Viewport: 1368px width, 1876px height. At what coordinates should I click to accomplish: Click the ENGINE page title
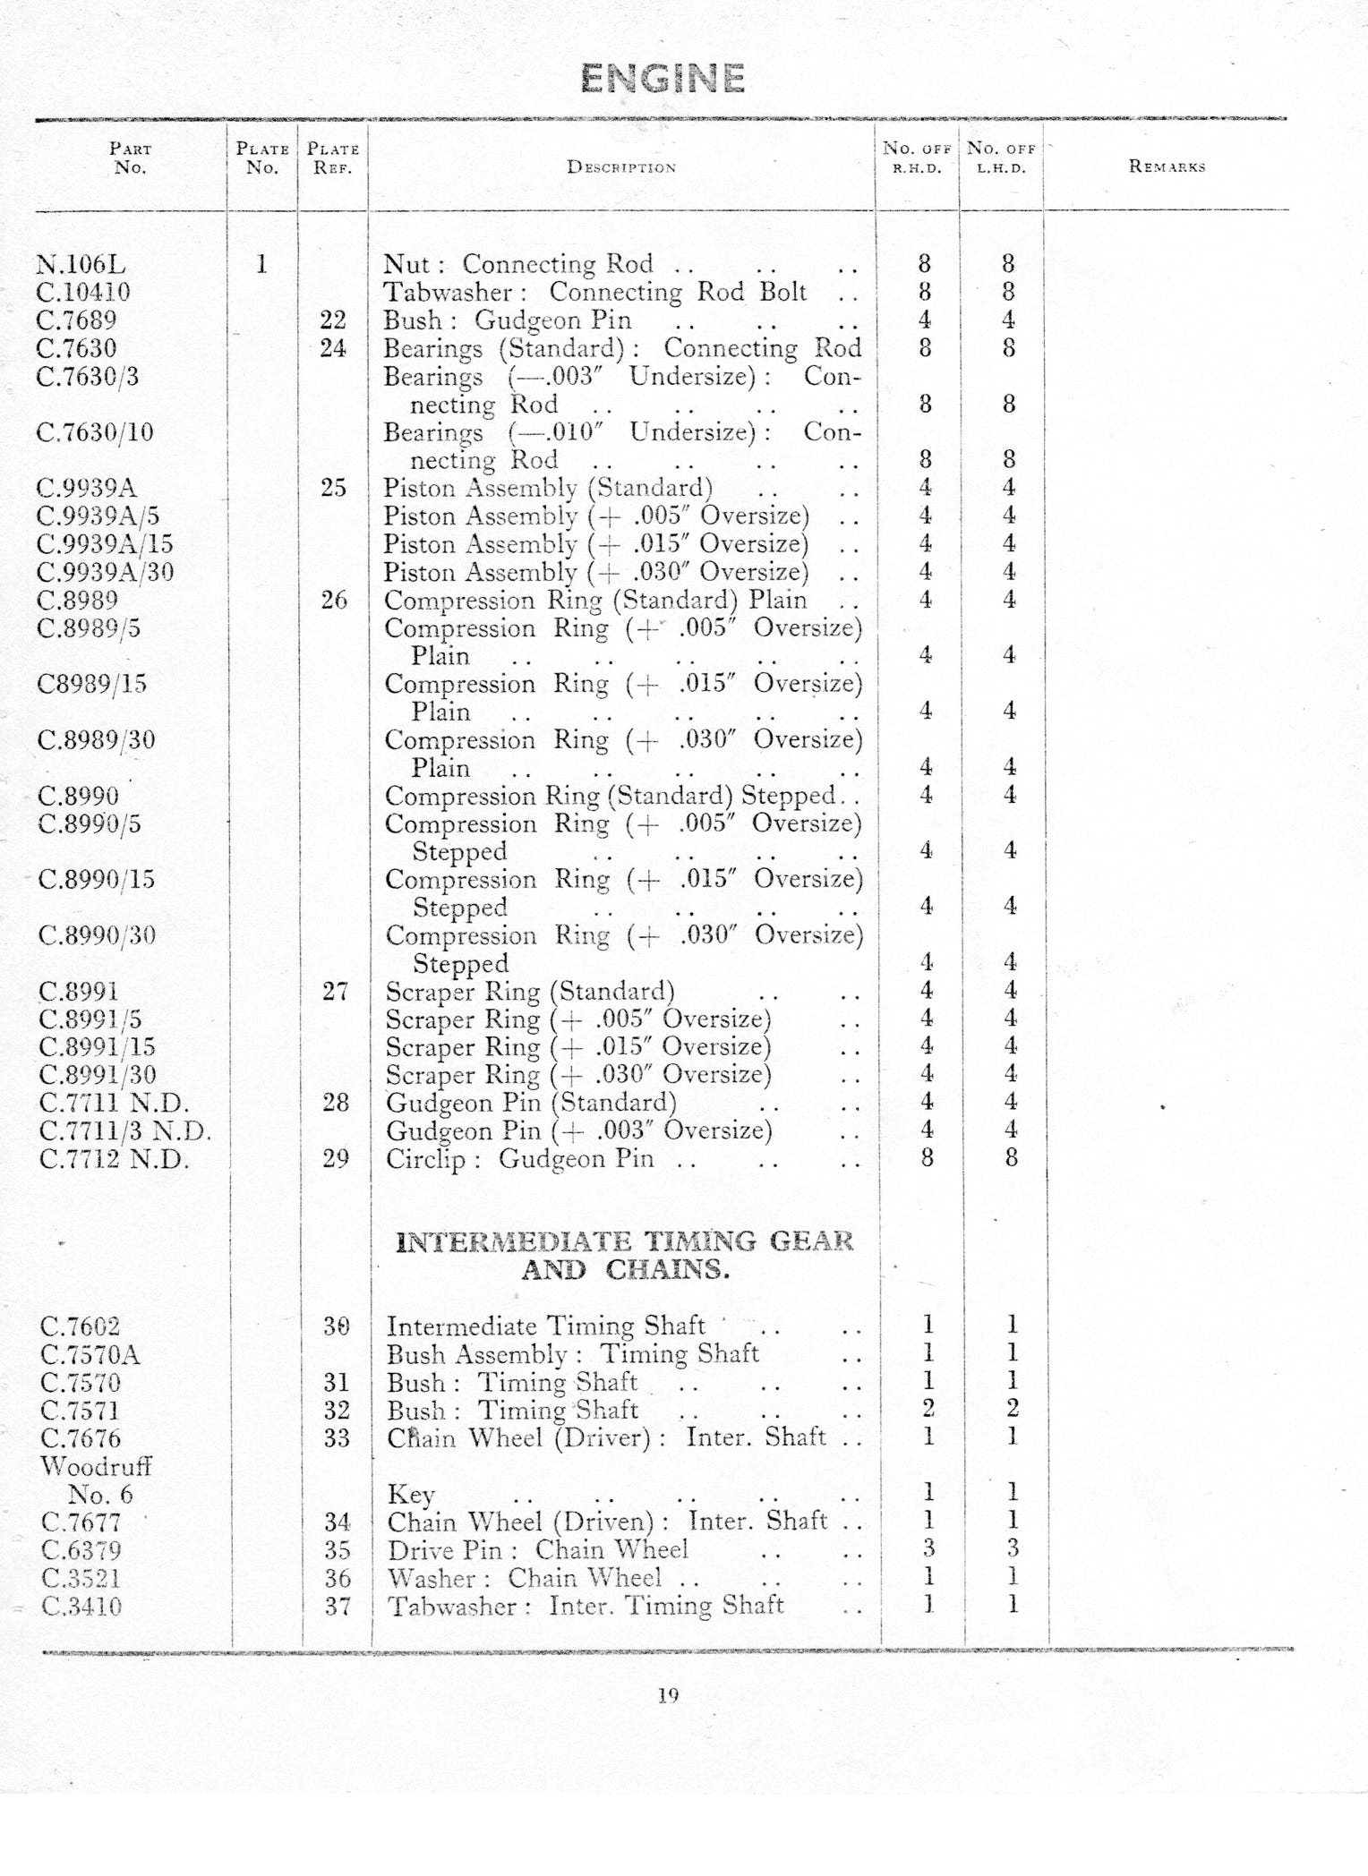click(x=663, y=79)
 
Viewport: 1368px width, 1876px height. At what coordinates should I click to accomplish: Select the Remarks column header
click(x=1167, y=166)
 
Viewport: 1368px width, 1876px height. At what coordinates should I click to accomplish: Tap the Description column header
click(x=621, y=167)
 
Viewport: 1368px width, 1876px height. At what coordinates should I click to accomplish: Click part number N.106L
click(x=81, y=265)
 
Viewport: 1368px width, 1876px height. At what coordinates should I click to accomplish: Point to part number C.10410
click(x=83, y=293)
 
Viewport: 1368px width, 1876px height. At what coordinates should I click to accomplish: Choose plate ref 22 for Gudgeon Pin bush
click(x=333, y=320)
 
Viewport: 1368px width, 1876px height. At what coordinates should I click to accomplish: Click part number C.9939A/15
click(x=105, y=544)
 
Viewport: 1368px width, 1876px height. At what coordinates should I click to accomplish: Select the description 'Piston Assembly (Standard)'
click(x=548, y=488)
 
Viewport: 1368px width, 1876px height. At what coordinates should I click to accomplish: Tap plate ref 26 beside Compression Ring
click(x=334, y=600)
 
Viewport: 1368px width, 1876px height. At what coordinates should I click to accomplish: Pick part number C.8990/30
click(x=98, y=936)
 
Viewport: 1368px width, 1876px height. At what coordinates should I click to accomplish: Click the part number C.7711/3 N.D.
click(x=125, y=1131)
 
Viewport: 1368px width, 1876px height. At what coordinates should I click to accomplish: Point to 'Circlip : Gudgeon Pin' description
click(x=519, y=1159)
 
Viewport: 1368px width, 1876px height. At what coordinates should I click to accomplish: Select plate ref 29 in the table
click(x=335, y=1159)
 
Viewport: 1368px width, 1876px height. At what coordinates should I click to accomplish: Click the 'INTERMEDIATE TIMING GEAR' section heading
click(x=624, y=1242)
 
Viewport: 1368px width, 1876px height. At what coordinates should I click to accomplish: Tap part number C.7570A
click(x=90, y=1355)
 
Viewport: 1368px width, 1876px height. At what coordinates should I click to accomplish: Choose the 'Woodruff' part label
click(x=96, y=1467)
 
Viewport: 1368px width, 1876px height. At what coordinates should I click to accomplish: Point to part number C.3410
click(x=81, y=1607)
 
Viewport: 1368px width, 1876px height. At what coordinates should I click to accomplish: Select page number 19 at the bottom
click(x=668, y=1695)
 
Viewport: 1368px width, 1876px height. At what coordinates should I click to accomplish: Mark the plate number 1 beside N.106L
click(x=261, y=265)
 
